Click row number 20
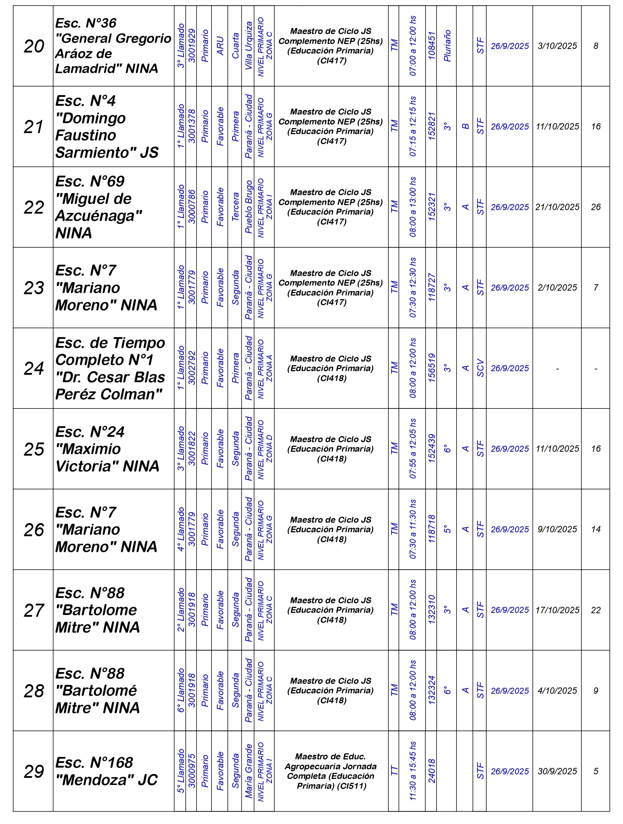(33, 46)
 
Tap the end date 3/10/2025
(557, 46)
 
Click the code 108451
(431, 46)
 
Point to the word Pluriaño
(447, 46)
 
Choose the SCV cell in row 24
(480, 368)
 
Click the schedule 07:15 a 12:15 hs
(412, 127)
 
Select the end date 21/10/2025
(557, 207)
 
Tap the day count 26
(595, 207)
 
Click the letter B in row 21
(465, 127)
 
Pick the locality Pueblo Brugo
(248, 207)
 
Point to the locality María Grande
(248, 771)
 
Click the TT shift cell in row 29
(394, 771)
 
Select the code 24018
(431, 771)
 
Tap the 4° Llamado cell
(180, 529)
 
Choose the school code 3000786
(191, 207)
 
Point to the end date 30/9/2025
(557, 771)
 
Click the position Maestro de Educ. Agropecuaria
(331, 771)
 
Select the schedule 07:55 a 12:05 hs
(412, 449)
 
